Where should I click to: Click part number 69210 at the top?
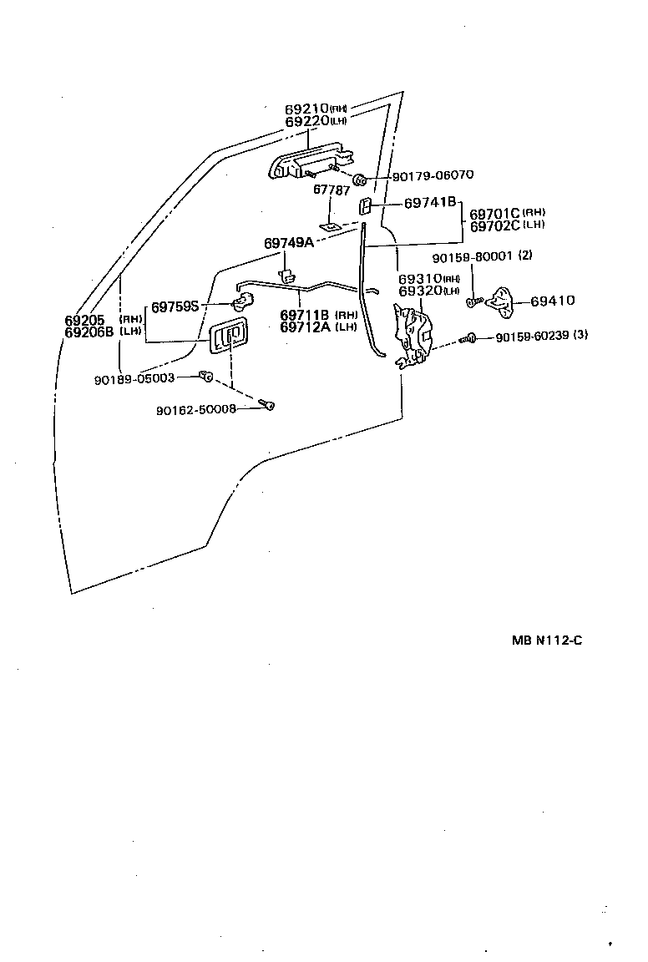point(306,109)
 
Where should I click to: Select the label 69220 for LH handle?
point(306,122)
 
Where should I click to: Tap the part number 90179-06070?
point(433,175)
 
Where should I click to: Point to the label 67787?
point(330,190)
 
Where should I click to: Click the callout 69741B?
point(430,203)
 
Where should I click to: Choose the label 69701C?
point(495,214)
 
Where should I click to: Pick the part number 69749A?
point(288,243)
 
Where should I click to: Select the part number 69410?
point(552,301)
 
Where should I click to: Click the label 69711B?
point(306,315)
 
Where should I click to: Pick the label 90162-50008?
point(196,409)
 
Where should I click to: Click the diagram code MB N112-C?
point(547,641)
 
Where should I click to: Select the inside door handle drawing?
point(227,337)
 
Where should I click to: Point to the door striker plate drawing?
point(502,299)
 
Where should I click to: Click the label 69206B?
point(89,332)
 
